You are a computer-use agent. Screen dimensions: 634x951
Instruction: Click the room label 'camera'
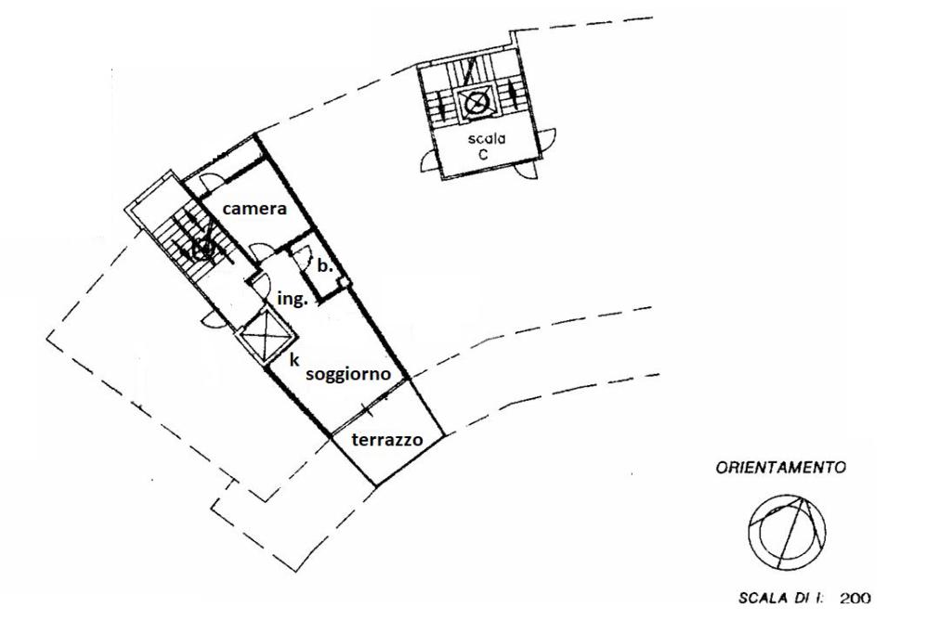coord(254,211)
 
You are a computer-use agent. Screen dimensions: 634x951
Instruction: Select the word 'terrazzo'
coord(387,440)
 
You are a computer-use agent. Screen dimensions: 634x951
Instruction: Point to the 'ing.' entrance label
coord(293,300)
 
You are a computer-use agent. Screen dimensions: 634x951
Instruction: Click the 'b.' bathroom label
coord(324,265)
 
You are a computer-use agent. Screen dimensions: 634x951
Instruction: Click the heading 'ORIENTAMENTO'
coord(780,469)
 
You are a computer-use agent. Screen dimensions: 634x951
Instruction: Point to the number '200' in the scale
coord(854,599)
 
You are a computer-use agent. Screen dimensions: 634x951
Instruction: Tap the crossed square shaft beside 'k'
coord(264,333)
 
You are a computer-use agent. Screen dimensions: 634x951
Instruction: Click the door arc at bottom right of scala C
coord(528,174)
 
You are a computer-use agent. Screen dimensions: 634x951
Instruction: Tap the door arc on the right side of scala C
coord(550,139)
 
